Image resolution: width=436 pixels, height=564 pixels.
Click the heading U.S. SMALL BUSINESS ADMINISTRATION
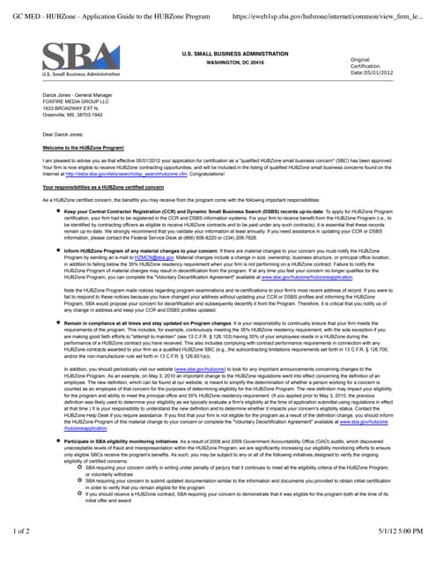(x=230, y=55)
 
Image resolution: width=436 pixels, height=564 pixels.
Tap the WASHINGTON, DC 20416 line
(x=230, y=63)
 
